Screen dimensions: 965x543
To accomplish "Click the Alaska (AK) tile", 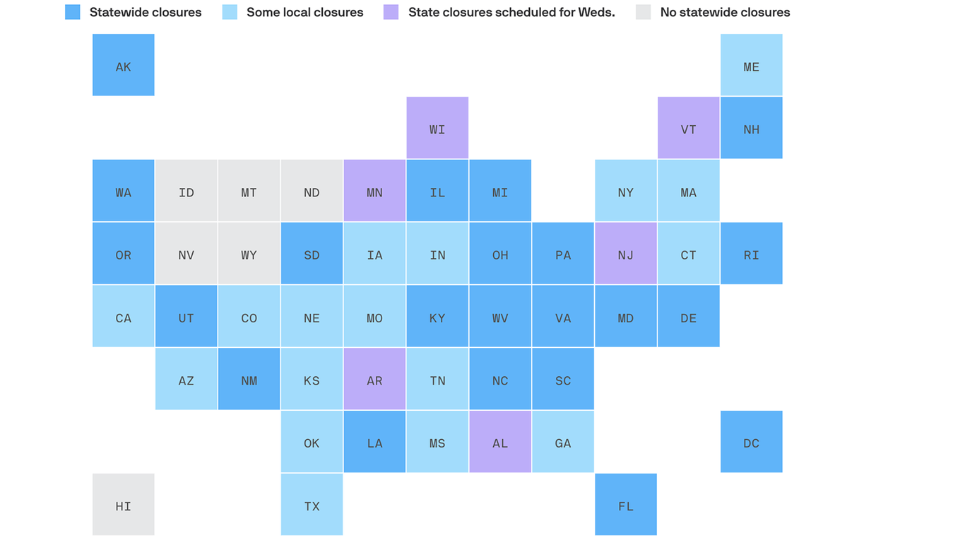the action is (123, 65).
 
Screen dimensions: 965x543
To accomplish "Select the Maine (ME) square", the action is (752, 65).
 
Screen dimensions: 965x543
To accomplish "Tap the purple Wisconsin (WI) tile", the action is (437, 128).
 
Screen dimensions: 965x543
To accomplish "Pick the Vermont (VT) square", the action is (688, 128).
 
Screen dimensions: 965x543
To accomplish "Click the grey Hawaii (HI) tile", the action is (123, 505).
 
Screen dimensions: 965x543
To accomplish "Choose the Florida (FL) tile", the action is (626, 505).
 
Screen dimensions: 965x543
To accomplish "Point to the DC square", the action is (752, 442).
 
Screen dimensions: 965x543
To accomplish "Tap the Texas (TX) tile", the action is (312, 505).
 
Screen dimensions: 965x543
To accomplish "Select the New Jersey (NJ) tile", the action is (626, 253).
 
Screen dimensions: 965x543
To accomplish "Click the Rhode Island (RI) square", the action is (752, 253).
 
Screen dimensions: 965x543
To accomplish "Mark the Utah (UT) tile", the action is (186, 316).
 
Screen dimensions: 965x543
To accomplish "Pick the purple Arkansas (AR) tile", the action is (374, 379).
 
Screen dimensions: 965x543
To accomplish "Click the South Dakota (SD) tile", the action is (312, 253).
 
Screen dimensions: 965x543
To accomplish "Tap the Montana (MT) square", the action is (249, 191).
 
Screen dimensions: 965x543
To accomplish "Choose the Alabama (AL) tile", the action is (500, 442).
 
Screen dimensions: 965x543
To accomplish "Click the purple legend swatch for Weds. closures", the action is (391, 12).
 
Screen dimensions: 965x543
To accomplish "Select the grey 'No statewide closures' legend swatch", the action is (643, 12).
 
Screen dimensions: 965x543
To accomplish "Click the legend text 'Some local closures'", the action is (305, 12).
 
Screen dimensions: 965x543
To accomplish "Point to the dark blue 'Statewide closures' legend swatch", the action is (72, 12).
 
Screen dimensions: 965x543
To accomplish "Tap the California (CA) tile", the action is (123, 316).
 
